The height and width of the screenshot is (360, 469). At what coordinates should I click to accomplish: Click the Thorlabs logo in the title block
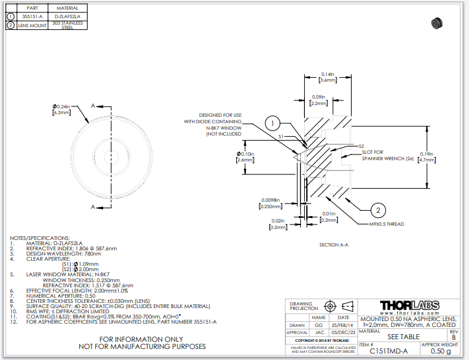tap(409, 306)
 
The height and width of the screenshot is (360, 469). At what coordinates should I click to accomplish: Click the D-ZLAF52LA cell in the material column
tap(67, 16)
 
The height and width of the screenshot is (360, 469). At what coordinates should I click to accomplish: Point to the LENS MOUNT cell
tap(29, 25)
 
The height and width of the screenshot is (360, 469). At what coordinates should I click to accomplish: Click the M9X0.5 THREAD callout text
tap(386, 224)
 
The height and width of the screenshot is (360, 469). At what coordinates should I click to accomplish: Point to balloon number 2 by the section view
tap(379, 209)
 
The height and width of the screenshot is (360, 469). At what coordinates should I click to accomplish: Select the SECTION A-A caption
tap(334, 245)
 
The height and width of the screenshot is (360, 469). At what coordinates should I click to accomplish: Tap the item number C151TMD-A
tap(389, 351)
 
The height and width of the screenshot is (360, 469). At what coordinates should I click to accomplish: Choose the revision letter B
tap(453, 337)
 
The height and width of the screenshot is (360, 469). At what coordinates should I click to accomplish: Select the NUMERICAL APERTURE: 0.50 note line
tap(61, 295)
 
